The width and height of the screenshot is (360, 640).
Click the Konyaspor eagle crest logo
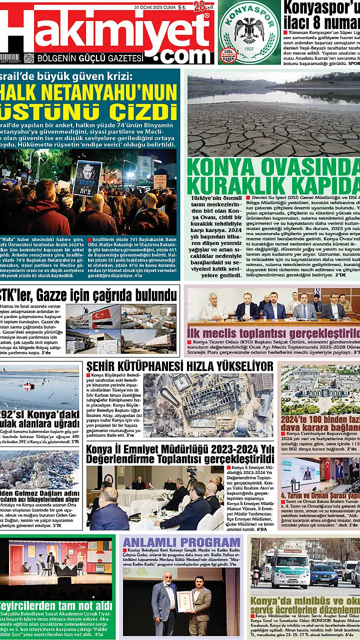tap(248, 31)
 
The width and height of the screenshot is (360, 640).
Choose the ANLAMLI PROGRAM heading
tap(181, 543)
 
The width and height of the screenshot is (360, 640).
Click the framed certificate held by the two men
tap(185, 601)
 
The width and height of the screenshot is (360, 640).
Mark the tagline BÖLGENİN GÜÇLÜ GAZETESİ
tap(90, 58)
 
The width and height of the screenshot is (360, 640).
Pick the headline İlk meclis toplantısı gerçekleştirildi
tap(273, 333)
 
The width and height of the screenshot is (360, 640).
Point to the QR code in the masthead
tap(28, 58)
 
